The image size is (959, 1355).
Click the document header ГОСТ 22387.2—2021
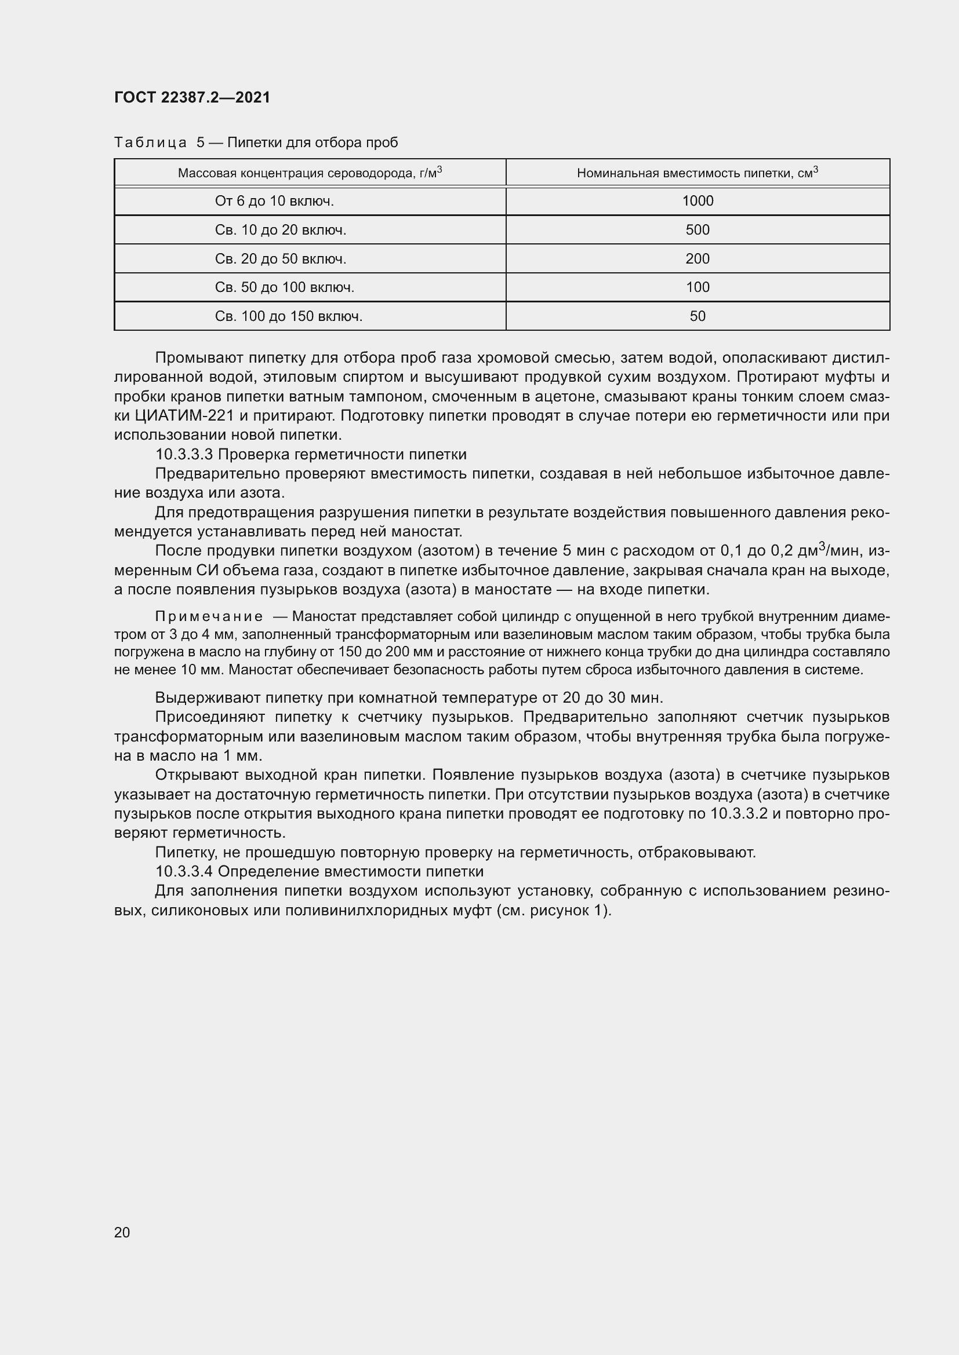coord(192,97)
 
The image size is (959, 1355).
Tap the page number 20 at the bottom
coord(122,1232)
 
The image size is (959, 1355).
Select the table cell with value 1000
coord(698,201)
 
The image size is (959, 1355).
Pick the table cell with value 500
coord(698,230)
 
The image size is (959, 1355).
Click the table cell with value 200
coord(698,259)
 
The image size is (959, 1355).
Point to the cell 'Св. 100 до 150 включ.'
coord(288,317)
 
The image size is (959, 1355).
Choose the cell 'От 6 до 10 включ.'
coord(274,201)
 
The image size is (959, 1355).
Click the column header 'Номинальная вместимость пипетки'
coord(697,173)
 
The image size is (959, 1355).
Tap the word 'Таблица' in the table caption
coord(150,143)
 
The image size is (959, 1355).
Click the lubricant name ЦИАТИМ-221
coord(185,416)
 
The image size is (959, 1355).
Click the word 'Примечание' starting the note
coord(209,617)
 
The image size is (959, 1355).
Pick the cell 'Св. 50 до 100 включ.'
coord(284,288)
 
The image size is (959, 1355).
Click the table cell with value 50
coord(698,317)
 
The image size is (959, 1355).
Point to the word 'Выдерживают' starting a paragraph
coord(207,698)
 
